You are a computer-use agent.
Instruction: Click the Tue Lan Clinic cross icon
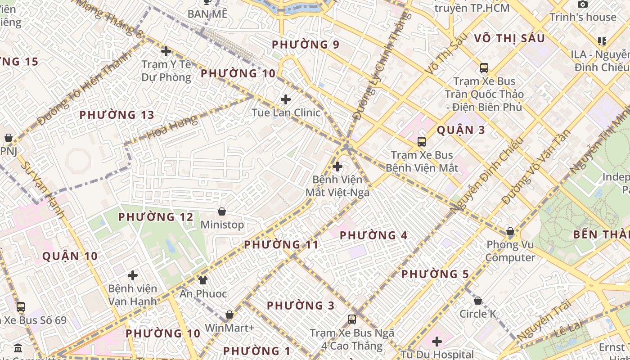click(x=286, y=99)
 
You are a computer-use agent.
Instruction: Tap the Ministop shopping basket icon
click(x=222, y=211)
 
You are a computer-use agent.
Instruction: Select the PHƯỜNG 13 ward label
click(x=117, y=115)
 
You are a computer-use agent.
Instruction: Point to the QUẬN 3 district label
click(x=461, y=130)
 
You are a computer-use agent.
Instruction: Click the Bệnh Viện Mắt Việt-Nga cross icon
click(x=337, y=167)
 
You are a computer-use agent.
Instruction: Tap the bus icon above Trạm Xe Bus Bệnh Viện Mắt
click(x=422, y=142)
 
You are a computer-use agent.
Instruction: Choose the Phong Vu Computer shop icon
click(x=510, y=232)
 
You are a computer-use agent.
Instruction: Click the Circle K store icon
click(x=478, y=300)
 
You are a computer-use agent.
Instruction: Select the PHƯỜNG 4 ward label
click(x=373, y=235)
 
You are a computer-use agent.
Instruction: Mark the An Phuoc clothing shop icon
click(x=203, y=280)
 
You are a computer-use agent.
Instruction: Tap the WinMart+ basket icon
click(x=229, y=315)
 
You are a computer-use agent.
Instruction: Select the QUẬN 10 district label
click(x=70, y=256)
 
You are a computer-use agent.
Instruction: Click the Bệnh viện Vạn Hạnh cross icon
click(x=133, y=275)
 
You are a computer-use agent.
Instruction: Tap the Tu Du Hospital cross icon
click(x=436, y=342)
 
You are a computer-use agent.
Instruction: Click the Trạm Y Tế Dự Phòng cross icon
click(x=166, y=51)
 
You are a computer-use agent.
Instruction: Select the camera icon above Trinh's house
click(x=583, y=4)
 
